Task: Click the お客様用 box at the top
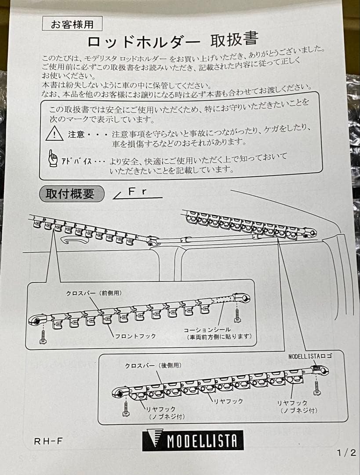click(x=72, y=24)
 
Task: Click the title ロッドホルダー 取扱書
click(x=172, y=41)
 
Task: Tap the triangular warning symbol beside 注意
click(x=55, y=133)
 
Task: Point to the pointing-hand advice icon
click(x=53, y=158)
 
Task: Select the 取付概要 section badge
click(x=71, y=194)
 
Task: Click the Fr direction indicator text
click(x=137, y=192)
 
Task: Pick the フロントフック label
click(x=135, y=336)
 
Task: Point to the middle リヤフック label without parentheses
click(x=228, y=401)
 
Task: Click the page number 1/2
click(x=346, y=453)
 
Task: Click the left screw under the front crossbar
click(x=43, y=336)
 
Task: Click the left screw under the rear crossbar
click(x=126, y=408)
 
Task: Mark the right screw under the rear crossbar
click(x=317, y=387)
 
